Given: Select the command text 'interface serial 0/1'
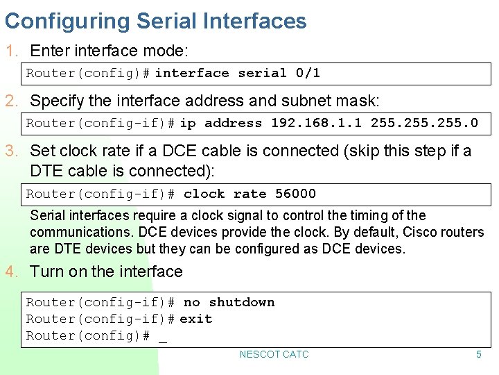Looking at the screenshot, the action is [x=237, y=73].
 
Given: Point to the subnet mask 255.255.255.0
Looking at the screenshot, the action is [x=424, y=123].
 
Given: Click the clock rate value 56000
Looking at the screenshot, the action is [x=295, y=194].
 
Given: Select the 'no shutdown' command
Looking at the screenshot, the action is [x=229, y=302].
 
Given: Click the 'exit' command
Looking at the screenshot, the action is [x=195, y=319].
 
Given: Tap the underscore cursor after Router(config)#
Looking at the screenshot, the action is [x=163, y=338].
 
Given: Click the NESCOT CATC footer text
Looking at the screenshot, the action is [x=274, y=354].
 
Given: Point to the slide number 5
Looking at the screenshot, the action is [x=478, y=354].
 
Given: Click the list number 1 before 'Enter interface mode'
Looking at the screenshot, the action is [x=10, y=51].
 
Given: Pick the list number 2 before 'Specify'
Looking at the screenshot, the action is [x=10, y=101].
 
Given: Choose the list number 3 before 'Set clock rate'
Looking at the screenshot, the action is [x=10, y=151].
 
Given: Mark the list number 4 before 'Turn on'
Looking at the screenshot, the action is [x=10, y=272].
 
